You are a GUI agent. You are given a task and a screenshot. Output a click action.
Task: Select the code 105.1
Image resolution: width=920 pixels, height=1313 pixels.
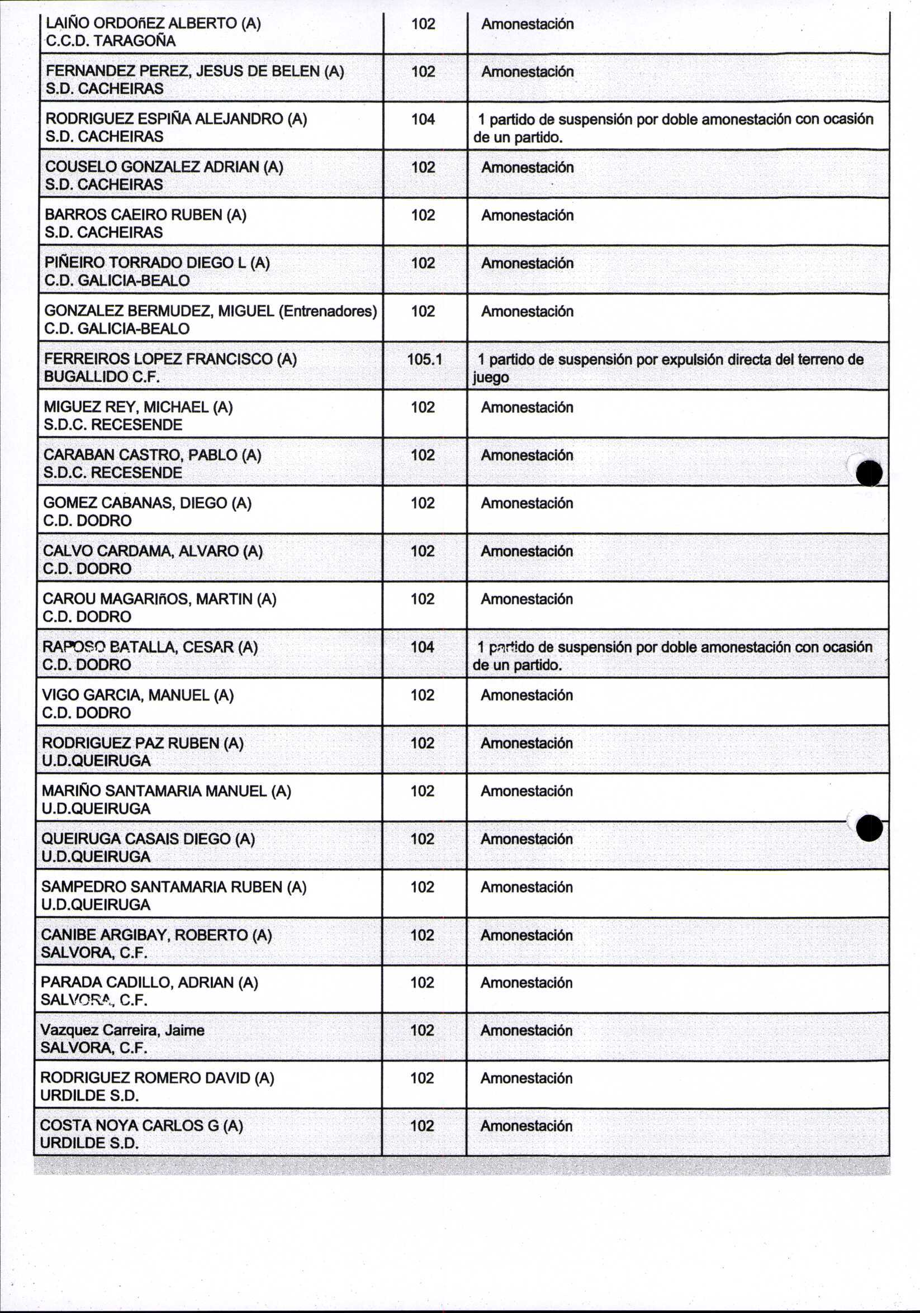[x=424, y=359]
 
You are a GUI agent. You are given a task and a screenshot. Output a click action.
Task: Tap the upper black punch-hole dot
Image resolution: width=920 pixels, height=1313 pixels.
[x=869, y=473]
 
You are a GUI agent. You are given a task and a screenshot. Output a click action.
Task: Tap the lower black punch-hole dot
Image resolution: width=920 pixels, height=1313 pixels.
[x=870, y=828]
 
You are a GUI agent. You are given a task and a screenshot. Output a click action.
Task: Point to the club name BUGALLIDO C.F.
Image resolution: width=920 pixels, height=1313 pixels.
[x=101, y=377]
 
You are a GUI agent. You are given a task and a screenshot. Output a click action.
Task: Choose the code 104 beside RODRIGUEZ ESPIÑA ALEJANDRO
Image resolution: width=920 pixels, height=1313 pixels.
[x=423, y=119]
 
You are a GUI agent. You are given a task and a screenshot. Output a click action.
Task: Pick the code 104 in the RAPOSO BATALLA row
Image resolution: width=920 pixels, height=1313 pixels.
[x=422, y=647]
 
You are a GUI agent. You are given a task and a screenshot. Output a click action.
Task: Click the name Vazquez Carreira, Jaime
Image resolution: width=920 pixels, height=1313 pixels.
[x=122, y=1030]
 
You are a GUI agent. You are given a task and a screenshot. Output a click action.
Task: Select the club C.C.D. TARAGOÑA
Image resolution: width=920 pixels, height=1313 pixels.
[x=111, y=41]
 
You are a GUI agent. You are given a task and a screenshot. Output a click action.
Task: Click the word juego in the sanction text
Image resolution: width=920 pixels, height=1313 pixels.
[x=490, y=378]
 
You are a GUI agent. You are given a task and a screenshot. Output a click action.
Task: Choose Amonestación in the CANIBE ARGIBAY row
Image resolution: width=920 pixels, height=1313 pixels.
[x=527, y=935]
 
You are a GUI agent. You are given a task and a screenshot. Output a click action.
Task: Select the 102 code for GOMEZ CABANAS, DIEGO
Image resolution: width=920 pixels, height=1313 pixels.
[x=422, y=503]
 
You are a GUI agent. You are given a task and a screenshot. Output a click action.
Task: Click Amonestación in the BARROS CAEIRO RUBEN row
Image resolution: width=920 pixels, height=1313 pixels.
[x=527, y=215]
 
